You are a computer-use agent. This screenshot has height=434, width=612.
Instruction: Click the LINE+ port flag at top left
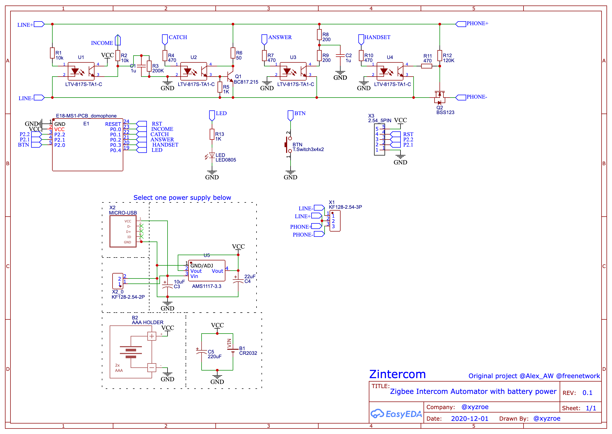(39, 24)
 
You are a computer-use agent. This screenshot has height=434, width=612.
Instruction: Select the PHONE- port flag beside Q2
(460, 98)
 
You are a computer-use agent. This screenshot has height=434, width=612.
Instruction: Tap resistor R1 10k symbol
(52, 53)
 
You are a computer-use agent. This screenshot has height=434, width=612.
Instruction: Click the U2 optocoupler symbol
(194, 71)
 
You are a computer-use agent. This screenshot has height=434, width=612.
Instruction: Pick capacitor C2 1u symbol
(340, 56)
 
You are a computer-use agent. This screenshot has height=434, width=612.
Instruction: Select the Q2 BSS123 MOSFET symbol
(439, 98)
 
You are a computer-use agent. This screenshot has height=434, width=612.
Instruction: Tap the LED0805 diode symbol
(212, 155)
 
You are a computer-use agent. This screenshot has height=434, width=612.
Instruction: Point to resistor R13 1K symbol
(212, 135)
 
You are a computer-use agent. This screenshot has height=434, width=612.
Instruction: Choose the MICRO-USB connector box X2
(123, 232)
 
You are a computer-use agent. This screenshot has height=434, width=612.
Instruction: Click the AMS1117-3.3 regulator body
(207, 271)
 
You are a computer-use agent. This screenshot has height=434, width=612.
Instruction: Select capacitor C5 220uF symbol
(201, 352)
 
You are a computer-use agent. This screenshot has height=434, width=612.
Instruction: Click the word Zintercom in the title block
(397, 374)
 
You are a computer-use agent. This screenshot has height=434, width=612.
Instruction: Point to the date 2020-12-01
(470, 419)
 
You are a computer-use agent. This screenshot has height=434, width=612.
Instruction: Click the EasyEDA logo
(396, 414)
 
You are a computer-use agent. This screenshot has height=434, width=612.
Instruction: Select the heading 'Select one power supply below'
(182, 198)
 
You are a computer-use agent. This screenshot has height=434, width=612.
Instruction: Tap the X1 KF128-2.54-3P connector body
(335, 221)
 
